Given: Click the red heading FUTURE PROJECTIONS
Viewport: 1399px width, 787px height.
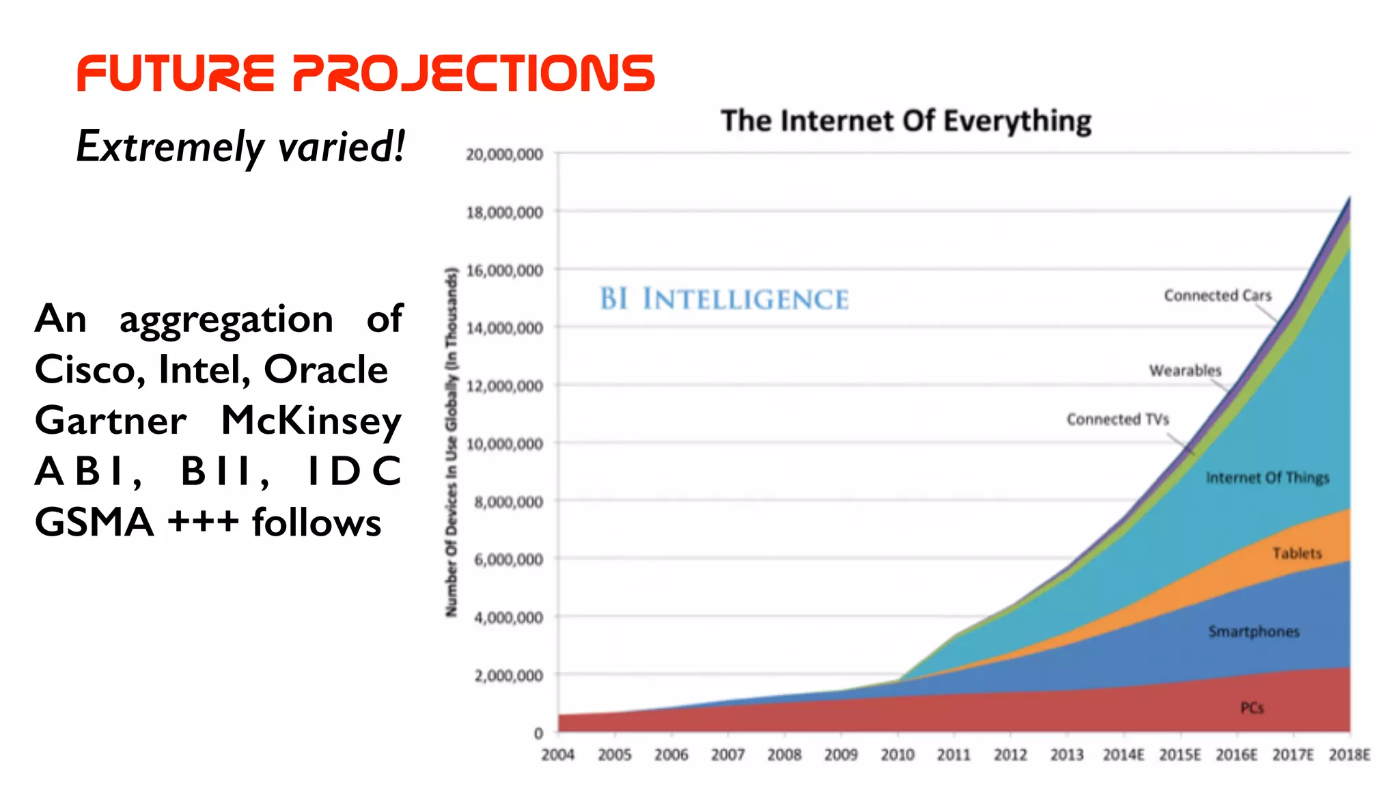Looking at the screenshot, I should point(365,73).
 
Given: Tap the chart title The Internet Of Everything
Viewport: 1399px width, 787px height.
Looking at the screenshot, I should point(906,121).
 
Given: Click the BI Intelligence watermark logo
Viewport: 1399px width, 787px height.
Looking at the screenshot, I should point(724,299).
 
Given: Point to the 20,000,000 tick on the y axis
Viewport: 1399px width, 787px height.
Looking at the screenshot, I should point(504,154).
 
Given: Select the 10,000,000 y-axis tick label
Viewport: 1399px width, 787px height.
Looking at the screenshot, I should point(504,444).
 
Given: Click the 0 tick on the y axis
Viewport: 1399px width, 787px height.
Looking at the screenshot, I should point(538,734).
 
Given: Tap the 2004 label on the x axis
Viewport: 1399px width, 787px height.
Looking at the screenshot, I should point(557,755).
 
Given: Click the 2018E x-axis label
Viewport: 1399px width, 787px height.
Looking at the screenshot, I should point(1349,755).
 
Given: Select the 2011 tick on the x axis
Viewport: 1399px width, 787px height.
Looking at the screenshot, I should point(954,755).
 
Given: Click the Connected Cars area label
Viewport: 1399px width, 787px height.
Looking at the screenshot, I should point(1217,296).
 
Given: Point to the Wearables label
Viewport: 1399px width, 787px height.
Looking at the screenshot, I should point(1185,370).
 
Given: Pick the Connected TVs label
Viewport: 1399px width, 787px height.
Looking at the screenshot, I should point(1118,419).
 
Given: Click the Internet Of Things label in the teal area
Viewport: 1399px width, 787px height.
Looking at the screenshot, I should point(1267,478).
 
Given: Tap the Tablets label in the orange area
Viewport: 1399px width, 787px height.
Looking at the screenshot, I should point(1297,553).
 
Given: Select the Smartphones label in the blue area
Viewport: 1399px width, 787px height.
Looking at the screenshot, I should point(1253,631).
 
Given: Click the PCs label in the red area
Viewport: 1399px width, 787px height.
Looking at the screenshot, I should point(1251,708).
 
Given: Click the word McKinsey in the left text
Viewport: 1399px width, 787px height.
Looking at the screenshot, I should point(311,421).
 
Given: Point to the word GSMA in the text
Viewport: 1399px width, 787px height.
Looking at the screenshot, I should point(94,523).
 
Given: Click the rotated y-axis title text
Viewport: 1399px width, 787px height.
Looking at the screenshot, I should point(451,443).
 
